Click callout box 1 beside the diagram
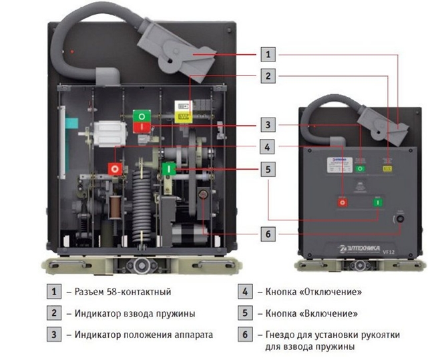267,54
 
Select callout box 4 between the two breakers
267,146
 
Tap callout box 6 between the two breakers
267,234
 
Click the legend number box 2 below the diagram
52,312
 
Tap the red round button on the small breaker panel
343,201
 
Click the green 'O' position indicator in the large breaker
142,116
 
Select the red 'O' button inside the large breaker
116,168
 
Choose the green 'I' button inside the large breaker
169,169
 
